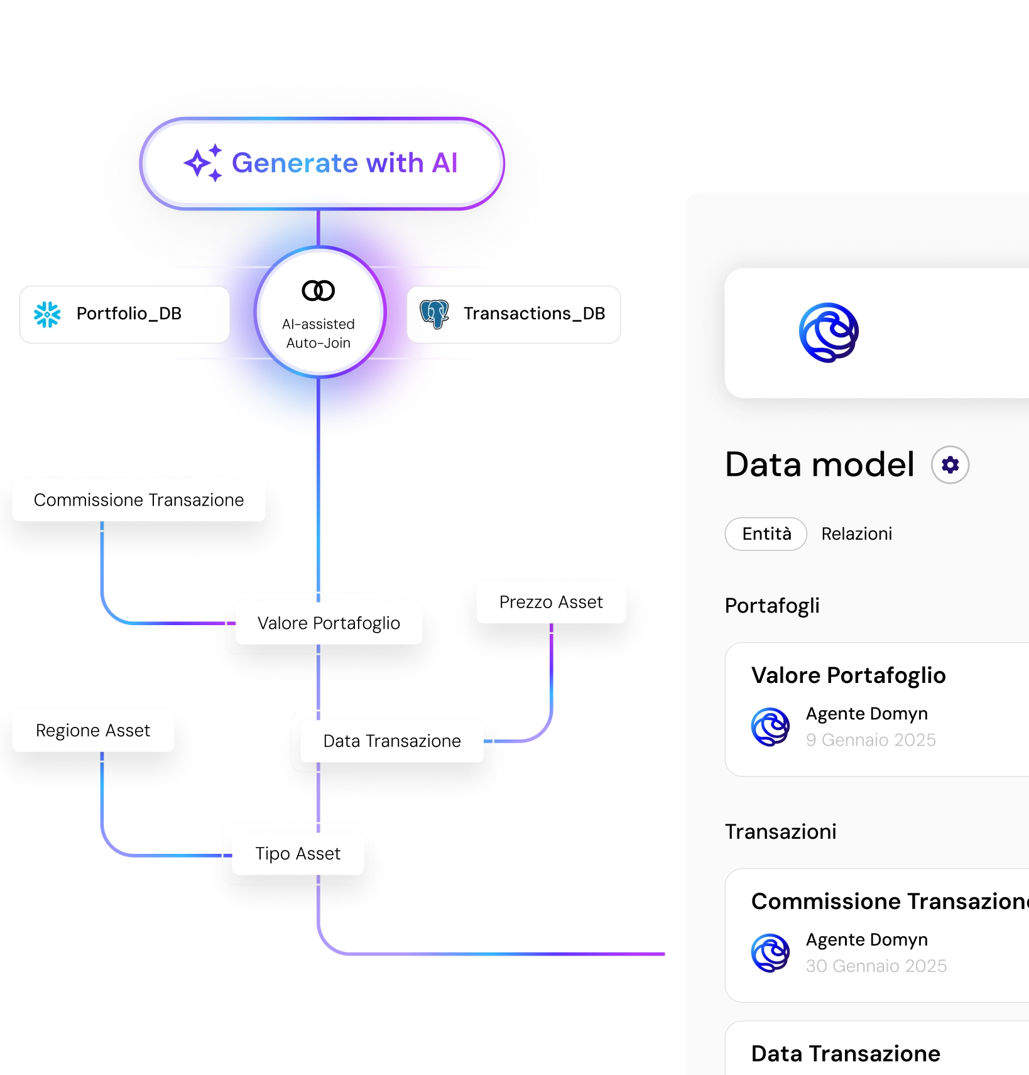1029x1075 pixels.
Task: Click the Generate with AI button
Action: (322, 163)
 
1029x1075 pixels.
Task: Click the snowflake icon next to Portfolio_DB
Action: (47, 314)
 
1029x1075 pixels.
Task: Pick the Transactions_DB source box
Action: (514, 314)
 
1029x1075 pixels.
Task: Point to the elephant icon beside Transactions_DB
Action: (434, 314)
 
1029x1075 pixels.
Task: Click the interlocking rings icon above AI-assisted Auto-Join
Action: (318, 290)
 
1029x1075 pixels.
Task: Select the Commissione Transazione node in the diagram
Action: (138, 500)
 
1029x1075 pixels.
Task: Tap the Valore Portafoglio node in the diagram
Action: (329, 623)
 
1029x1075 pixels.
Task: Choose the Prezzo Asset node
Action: (551, 603)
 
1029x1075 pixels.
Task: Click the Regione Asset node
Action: (93, 731)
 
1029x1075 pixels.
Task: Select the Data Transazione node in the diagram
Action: (392, 741)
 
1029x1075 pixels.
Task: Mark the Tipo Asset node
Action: (298, 854)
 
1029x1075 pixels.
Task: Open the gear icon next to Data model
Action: (950, 465)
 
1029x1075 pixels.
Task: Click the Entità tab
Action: (766, 534)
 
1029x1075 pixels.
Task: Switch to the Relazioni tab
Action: (856, 534)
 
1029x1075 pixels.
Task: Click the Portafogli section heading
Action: (772, 606)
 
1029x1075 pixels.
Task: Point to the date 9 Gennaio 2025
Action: (871, 740)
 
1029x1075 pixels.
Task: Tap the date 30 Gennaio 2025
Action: (876, 966)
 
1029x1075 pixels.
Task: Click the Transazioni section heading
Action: (780, 832)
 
